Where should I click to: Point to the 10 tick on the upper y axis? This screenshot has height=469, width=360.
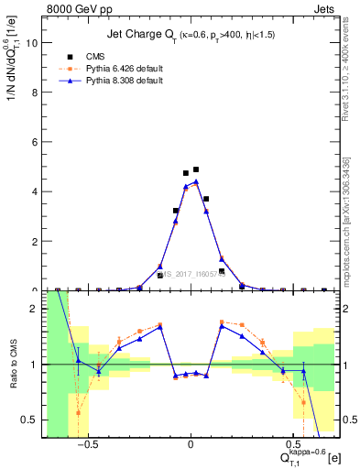tap(34, 42)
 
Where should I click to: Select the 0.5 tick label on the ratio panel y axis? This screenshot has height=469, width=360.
tap(32, 420)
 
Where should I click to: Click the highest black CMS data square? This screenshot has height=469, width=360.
tap(196, 169)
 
